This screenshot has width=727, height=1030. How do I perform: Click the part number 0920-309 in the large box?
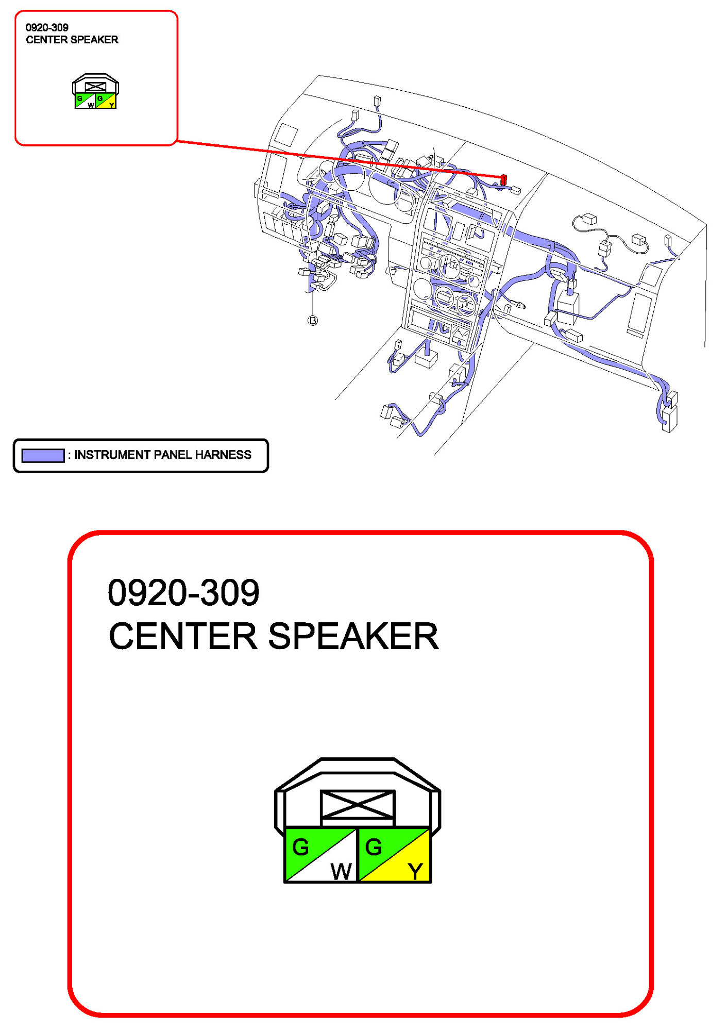[183, 592]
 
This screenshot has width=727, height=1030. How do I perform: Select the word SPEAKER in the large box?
[353, 636]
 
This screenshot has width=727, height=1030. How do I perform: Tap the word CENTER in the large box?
[183, 636]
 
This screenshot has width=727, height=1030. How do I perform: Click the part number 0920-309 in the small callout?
[47, 27]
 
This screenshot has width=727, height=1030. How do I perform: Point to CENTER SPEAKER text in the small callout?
[72, 40]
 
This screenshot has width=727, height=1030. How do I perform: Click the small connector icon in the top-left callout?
[95, 91]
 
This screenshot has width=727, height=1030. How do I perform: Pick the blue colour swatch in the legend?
[43, 455]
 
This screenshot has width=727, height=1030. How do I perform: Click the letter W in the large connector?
[341, 871]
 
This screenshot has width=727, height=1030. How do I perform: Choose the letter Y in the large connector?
[415, 871]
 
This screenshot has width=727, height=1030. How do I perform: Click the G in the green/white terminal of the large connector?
[300, 847]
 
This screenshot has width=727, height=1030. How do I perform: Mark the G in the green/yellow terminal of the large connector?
[374, 847]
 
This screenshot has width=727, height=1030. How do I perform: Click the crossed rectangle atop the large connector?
[358, 804]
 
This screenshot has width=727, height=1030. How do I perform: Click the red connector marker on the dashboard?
[503, 179]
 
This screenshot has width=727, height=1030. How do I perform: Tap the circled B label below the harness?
[313, 321]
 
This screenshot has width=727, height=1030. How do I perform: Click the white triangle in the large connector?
[335, 866]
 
